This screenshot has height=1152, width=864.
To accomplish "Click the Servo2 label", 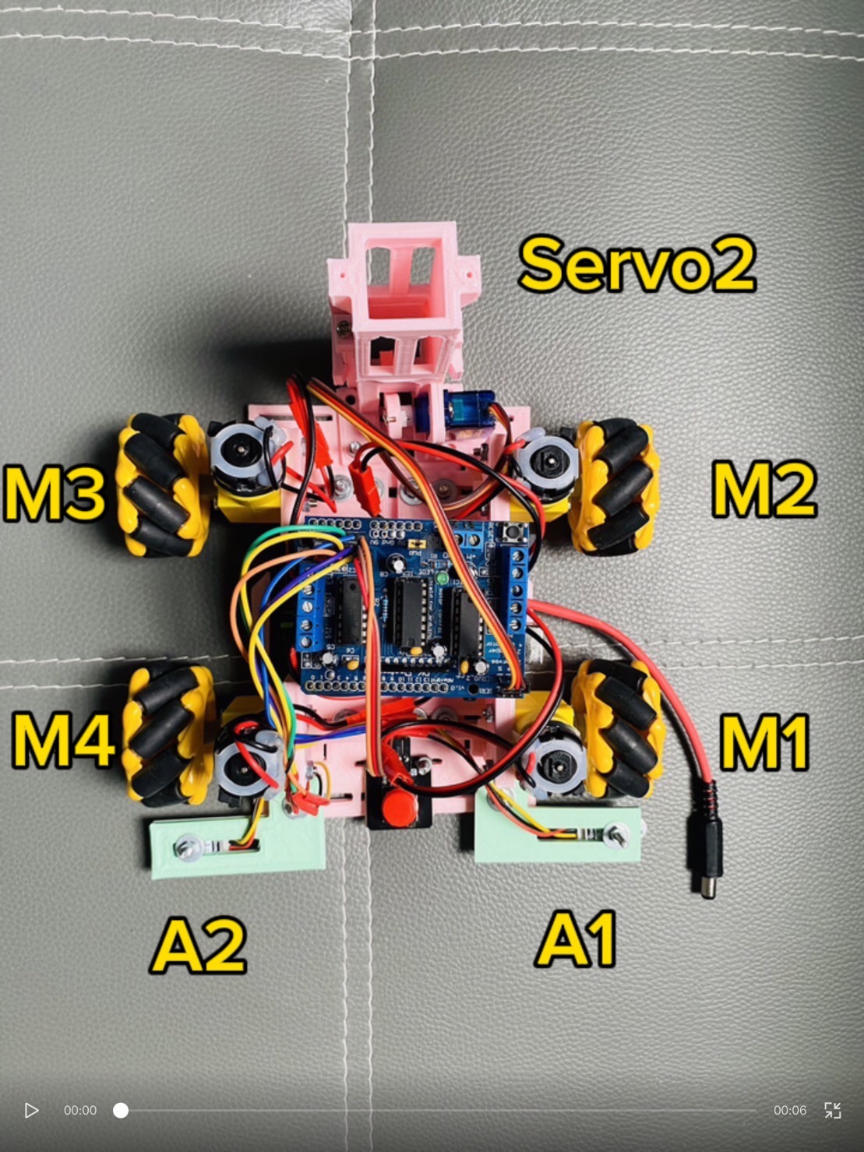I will click(637, 265).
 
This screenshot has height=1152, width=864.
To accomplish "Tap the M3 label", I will click(54, 493).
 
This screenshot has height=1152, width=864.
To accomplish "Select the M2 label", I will click(763, 488).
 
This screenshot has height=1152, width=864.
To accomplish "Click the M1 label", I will click(764, 742).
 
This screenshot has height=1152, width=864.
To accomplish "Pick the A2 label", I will click(199, 945).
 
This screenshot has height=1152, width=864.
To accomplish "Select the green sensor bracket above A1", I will click(558, 834).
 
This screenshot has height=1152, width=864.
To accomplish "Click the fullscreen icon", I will click(832, 1110).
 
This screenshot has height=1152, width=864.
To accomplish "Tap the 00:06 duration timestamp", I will click(789, 1110).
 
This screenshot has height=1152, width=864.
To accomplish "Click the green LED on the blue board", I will click(443, 579).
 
